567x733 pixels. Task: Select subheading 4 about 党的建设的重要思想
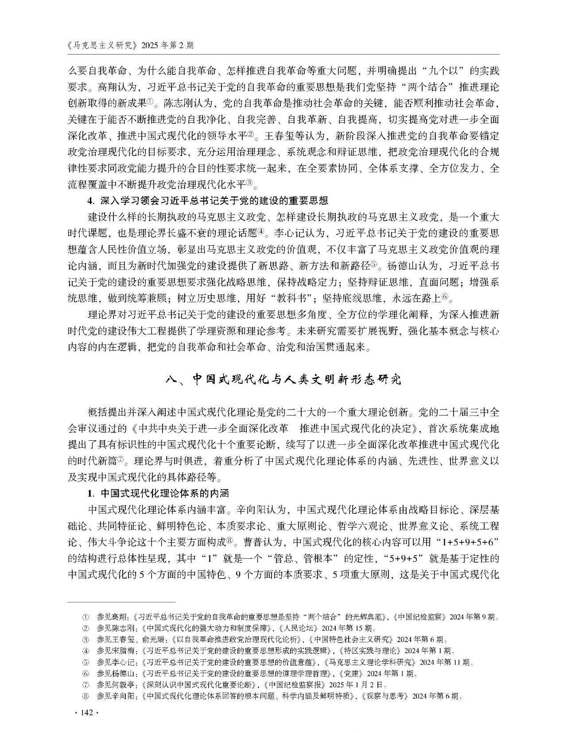point(208,201)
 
